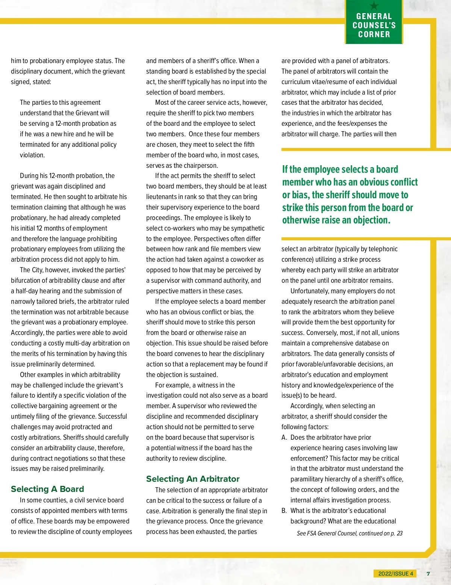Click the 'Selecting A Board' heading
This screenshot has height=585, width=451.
point(47,489)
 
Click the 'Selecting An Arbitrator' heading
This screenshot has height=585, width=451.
point(192,479)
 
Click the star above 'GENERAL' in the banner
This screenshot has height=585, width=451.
point(374,6)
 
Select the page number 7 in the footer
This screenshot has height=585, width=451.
point(428,573)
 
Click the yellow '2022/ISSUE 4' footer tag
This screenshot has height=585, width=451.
point(395,573)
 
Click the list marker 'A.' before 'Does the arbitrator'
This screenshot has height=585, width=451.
point(285,437)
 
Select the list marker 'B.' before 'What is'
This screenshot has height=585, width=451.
point(285,511)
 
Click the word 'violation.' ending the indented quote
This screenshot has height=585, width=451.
point(32,155)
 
